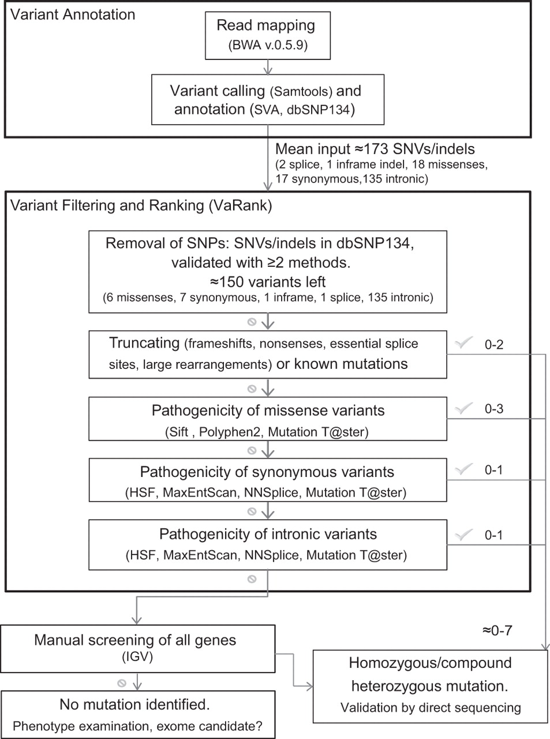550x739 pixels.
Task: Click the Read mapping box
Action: (x=268, y=36)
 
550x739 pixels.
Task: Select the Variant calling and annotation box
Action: (x=268, y=100)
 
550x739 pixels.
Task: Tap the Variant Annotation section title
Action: (x=73, y=15)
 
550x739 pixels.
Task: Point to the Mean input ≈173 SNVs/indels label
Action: (x=375, y=149)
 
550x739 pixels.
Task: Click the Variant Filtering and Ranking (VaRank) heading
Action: (x=141, y=206)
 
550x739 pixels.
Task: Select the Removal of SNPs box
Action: (x=268, y=271)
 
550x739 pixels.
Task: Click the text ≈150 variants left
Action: (x=268, y=282)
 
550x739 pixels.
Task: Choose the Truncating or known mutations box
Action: (x=268, y=354)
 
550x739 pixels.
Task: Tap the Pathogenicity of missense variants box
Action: (x=268, y=419)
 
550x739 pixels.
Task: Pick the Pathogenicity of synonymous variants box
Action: (x=268, y=480)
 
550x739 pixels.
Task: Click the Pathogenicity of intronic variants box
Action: (x=268, y=545)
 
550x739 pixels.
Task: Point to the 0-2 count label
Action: (x=493, y=345)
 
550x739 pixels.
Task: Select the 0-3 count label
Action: (x=493, y=409)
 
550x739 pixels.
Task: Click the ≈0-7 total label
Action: (x=497, y=630)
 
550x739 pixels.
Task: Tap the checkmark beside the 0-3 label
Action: (x=463, y=408)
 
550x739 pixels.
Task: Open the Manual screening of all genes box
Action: (x=137, y=649)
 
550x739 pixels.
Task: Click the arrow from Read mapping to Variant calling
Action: (x=268, y=67)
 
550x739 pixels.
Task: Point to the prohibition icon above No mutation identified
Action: (x=122, y=684)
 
